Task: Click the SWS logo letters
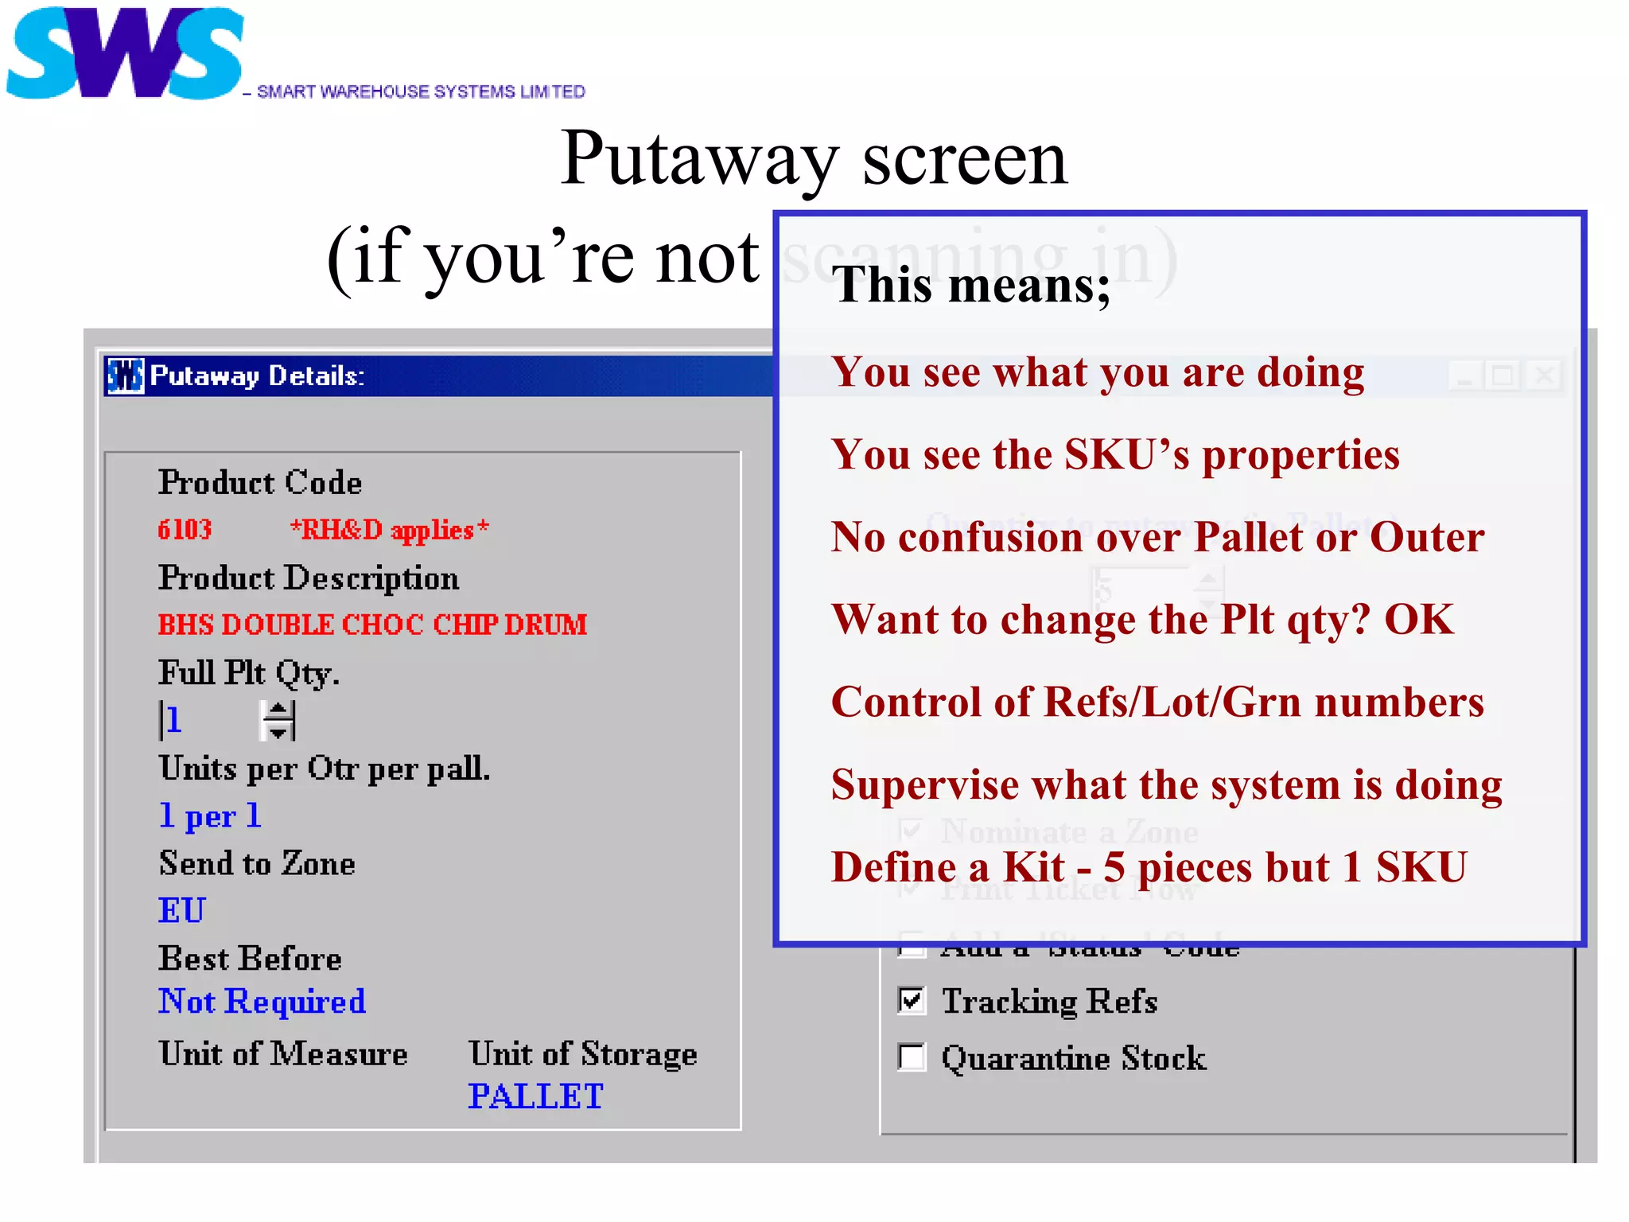click(124, 54)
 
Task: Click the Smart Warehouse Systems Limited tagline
click(420, 91)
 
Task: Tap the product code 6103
click(185, 530)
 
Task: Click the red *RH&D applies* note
click(389, 530)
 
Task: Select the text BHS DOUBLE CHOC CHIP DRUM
click(372, 625)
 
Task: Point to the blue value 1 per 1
click(210, 816)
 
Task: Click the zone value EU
click(182, 911)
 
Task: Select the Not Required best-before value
click(262, 1002)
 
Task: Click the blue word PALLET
click(535, 1096)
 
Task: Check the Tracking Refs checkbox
click(912, 1000)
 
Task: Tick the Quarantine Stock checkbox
click(912, 1057)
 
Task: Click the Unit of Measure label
click(282, 1054)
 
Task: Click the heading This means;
click(970, 285)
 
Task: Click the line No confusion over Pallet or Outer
click(1157, 537)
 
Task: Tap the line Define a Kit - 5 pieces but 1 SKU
click(1149, 867)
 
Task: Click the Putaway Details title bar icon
click(126, 376)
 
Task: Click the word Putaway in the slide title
click(698, 159)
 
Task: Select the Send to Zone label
click(257, 864)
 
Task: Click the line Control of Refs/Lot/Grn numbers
click(1157, 702)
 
